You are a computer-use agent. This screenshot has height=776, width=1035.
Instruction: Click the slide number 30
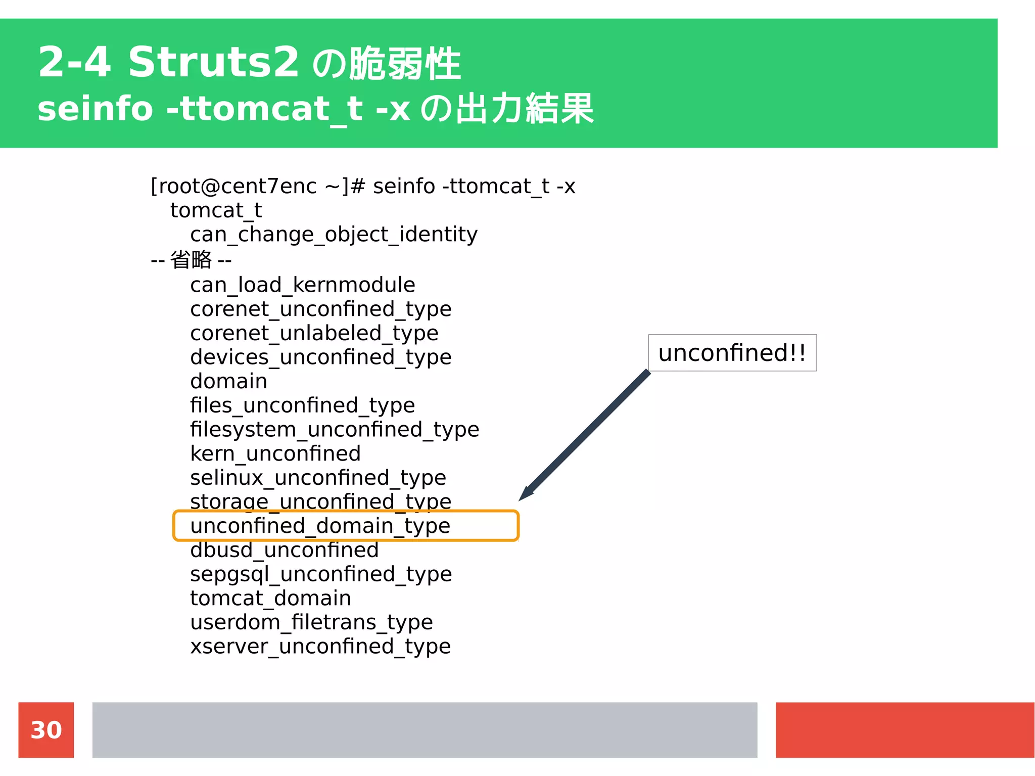click(46, 730)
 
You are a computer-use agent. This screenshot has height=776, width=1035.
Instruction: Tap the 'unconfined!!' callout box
click(732, 353)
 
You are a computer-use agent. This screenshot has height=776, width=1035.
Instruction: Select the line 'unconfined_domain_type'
click(320, 526)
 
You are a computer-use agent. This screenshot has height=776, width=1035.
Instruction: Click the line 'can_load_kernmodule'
click(302, 285)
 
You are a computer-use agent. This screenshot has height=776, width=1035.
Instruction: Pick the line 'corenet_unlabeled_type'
click(314, 333)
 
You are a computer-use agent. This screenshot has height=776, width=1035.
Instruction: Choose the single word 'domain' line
click(228, 381)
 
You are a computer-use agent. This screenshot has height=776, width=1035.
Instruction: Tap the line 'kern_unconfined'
click(275, 453)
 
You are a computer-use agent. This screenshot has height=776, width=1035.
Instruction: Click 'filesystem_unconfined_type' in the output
click(334, 430)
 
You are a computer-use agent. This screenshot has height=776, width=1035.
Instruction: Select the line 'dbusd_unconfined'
click(284, 550)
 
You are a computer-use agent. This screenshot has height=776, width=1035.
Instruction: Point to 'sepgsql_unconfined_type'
click(320, 574)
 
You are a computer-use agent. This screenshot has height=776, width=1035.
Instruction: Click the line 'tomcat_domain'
click(270, 598)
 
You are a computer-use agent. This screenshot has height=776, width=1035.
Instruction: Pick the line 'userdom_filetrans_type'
click(311, 622)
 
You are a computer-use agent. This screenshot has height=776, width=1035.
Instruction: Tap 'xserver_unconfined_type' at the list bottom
click(320, 647)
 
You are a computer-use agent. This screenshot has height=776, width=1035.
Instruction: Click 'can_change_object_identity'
click(334, 235)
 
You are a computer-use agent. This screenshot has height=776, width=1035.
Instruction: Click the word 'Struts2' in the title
click(214, 62)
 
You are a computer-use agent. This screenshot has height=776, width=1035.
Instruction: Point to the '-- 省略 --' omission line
click(191, 260)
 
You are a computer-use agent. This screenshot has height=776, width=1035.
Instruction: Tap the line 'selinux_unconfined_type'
click(318, 478)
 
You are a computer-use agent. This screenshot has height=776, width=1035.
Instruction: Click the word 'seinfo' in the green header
click(95, 109)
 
